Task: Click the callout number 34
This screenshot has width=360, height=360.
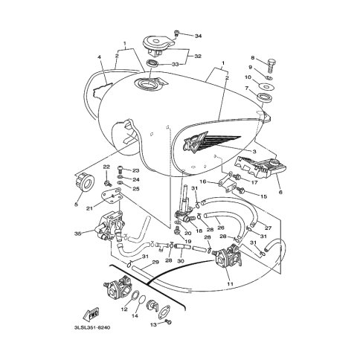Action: (x=198, y=36)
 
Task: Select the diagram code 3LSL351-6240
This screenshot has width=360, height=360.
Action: (x=92, y=328)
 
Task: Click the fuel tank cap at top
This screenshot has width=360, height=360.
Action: (x=156, y=45)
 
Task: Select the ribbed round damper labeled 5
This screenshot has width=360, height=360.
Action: (x=85, y=183)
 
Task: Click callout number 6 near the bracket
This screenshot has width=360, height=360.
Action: (x=280, y=192)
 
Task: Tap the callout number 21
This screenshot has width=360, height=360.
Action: (x=89, y=208)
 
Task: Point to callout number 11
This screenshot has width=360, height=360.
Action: (x=231, y=283)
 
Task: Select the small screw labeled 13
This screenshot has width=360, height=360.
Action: (x=168, y=322)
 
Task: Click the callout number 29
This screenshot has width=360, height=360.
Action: (x=155, y=262)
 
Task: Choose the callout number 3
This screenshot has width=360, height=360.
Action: (x=254, y=151)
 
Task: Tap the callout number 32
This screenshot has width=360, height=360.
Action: (x=198, y=57)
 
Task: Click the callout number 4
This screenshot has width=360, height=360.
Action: (x=100, y=57)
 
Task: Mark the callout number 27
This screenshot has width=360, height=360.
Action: (x=269, y=228)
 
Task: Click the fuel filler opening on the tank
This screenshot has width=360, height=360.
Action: (x=148, y=84)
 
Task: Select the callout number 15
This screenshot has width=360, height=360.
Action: (x=263, y=196)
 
